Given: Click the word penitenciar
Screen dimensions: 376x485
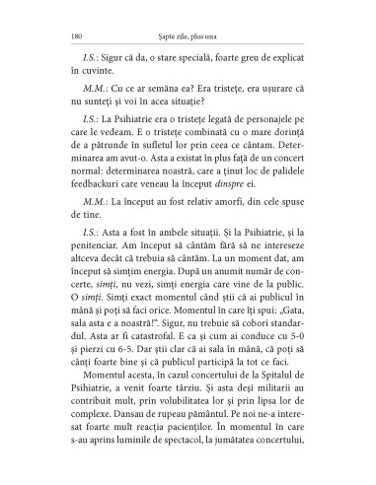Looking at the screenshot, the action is coord(102,262).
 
